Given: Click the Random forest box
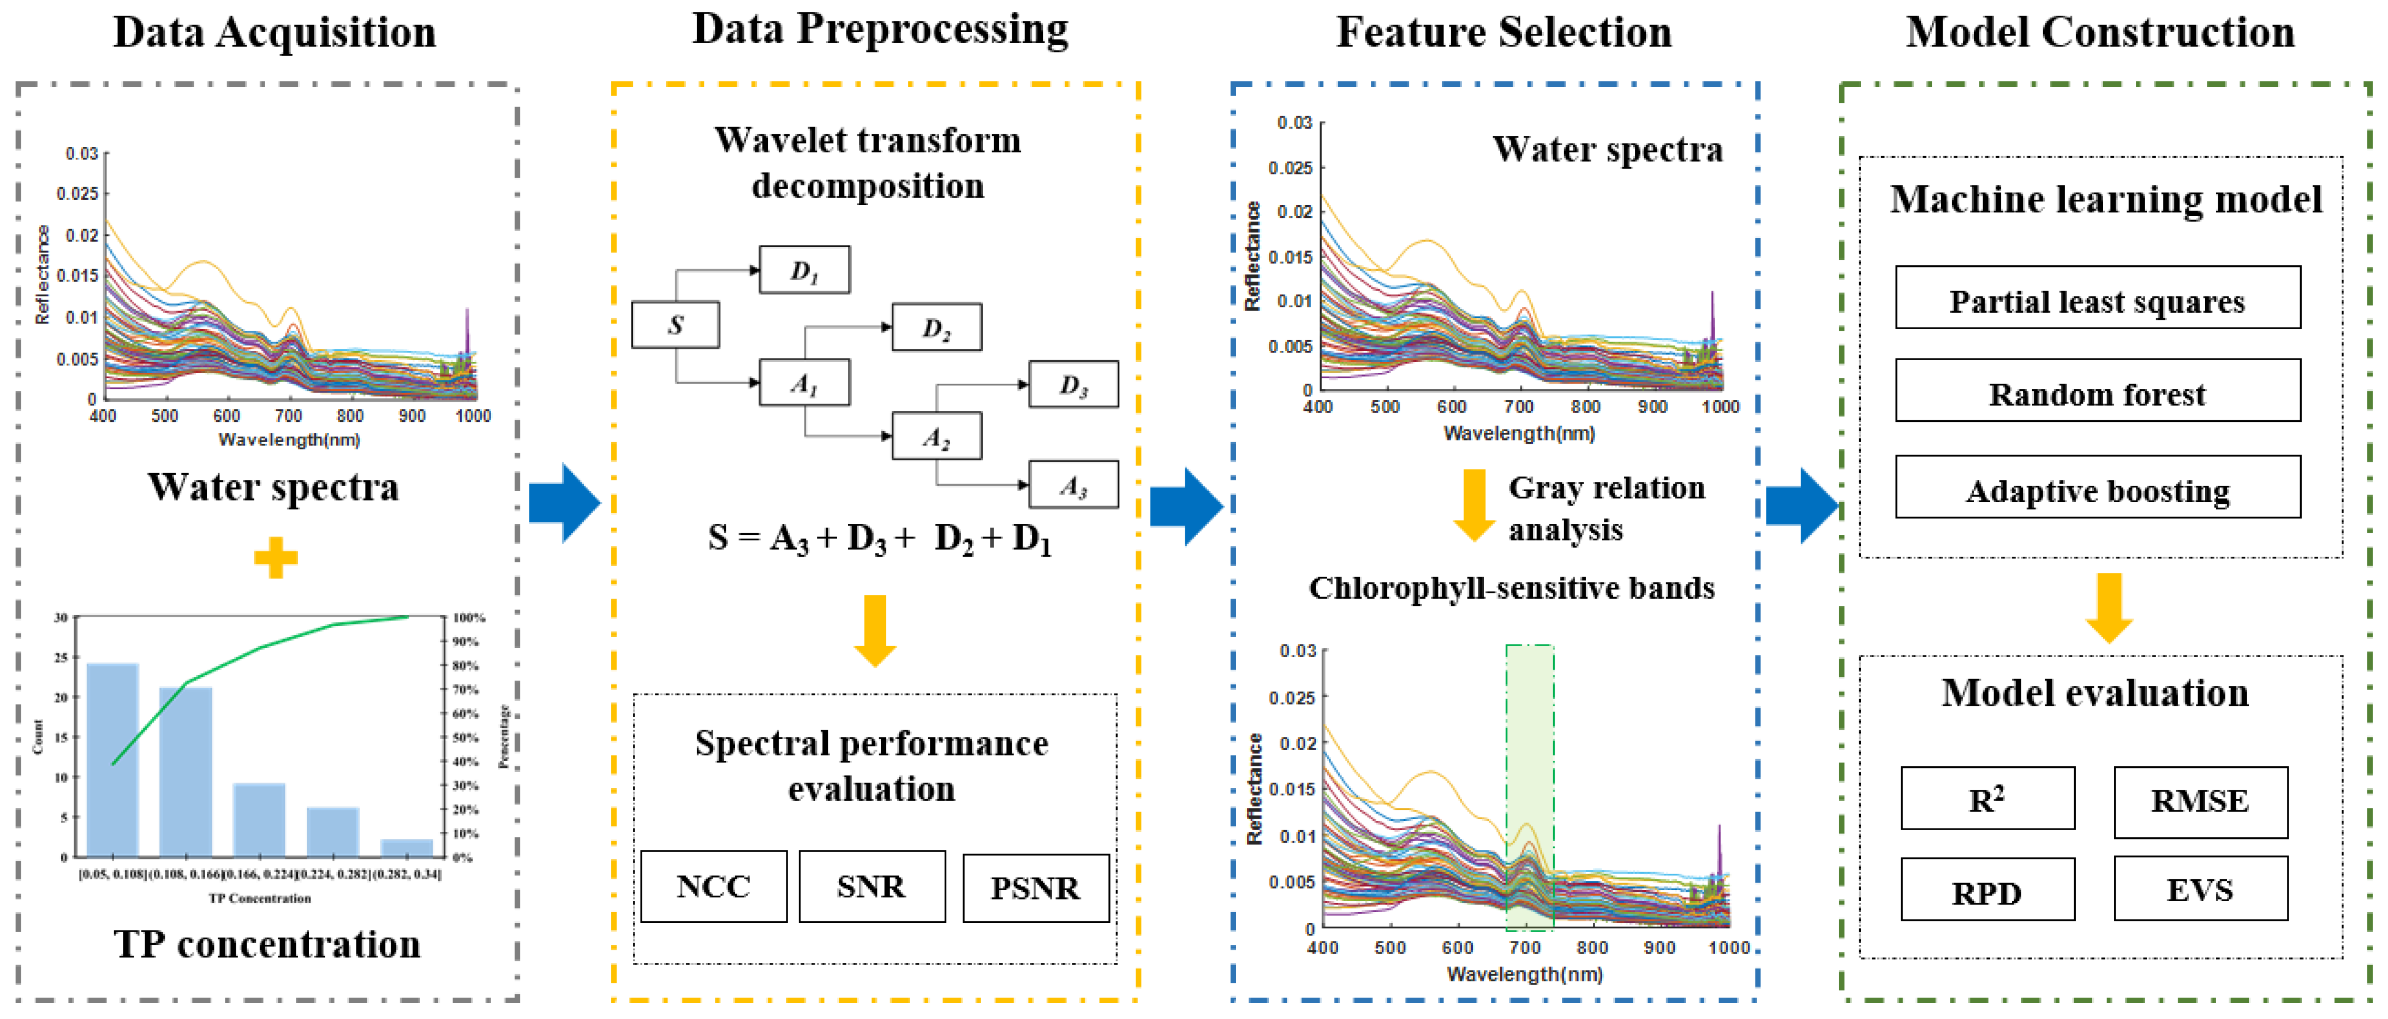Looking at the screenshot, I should [x=2097, y=390].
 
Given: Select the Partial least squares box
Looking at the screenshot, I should [x=2097, y=297].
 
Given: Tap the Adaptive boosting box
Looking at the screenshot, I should [x=2097, y=487].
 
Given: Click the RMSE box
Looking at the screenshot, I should [x=2200, y=801].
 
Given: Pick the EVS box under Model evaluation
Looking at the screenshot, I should [x=2200, y=889].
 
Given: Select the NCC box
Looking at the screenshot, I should [x=713, y=886].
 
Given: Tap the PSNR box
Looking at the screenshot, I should [x=1036, y=888].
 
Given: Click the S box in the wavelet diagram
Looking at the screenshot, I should [x=675, y=325].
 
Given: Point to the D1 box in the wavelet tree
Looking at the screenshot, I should [x=804, y=270].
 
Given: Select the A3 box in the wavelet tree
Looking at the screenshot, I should [x=1072, y=485].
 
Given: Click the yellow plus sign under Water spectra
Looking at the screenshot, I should [x=276, y=557].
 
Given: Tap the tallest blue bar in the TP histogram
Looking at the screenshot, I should [x=112, y=759].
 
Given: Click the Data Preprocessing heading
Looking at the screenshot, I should [x=880, y=29].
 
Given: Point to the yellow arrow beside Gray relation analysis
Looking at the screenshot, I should [x=1473, y=505].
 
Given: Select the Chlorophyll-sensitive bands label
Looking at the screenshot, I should [x=1511, y=588].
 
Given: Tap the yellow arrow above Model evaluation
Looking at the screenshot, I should [x=2109, y=607].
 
